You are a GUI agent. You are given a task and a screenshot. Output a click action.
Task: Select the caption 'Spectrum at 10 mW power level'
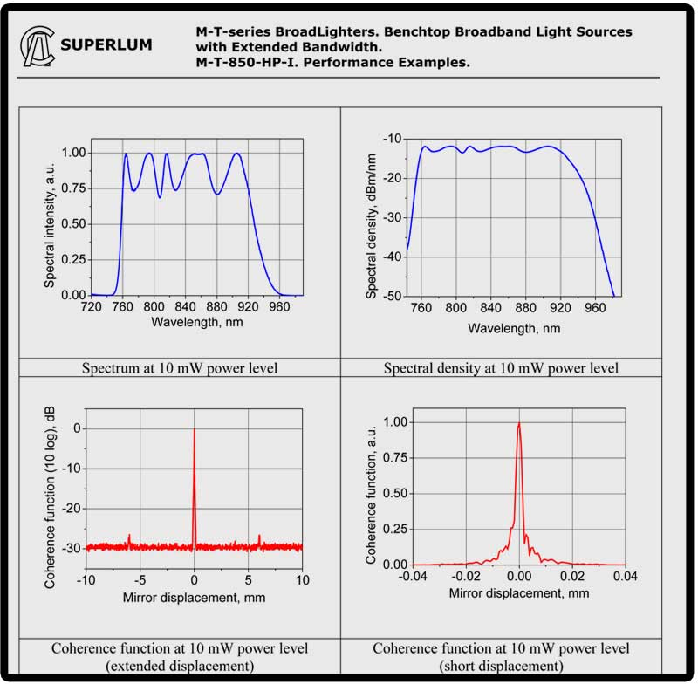(180, 367)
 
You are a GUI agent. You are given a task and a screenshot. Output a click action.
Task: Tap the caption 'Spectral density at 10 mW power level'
(501, 368)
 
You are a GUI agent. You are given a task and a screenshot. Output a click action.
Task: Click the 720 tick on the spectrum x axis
(91, 307)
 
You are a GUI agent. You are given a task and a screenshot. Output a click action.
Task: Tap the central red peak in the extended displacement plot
(194, 489)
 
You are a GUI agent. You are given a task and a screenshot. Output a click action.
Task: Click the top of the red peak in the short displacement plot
(519, 424)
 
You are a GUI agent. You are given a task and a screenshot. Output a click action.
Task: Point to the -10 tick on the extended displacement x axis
(86, 579)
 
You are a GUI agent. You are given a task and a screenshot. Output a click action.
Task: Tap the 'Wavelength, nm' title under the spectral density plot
(514, 329)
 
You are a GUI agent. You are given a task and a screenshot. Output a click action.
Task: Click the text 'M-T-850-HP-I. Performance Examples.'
(321, 62)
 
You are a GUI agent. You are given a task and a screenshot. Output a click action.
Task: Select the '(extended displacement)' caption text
(180, 666)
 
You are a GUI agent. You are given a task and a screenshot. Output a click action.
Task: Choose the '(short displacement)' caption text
(501, 666)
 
